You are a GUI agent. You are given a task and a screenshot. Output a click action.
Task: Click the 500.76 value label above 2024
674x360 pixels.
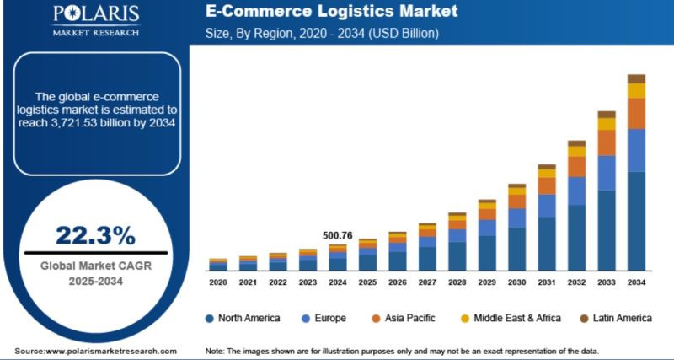coord(337,235)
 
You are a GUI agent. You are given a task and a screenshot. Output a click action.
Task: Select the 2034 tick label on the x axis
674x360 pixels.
coord(636,282)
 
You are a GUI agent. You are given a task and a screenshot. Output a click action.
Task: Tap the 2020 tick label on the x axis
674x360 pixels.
coord(218,282)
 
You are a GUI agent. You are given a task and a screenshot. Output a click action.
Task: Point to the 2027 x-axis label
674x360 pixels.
coord(427,282)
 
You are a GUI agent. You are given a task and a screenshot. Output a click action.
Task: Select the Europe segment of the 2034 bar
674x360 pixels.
coord(636,150)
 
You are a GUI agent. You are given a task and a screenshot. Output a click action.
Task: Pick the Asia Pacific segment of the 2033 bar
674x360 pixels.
coord(607,142)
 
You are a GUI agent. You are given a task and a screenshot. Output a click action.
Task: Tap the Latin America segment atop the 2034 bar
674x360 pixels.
coord(636,78)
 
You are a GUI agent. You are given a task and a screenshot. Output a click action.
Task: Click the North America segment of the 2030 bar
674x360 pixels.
coord(516,248)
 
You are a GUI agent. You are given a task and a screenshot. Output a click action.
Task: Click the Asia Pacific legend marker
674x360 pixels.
coord(377,319)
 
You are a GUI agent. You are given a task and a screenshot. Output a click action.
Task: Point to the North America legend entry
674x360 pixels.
coord(245,318)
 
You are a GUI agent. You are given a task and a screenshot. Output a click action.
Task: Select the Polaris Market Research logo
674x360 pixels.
coord(95,20)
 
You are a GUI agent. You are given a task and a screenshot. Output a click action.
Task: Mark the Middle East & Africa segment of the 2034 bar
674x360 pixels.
coord(636,91)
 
